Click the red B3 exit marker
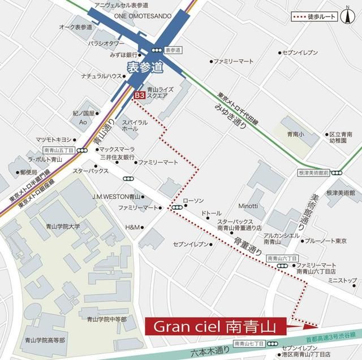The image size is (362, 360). point(139,97)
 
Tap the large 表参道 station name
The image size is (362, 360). point(144,67)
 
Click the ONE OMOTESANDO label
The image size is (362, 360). point(143,16)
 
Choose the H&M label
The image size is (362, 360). point(132,227)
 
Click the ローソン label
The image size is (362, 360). point(193,201)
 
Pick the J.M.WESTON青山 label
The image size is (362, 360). point(117,197)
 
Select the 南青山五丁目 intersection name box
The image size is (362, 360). point(59,150)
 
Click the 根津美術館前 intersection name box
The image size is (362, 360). point(314,172)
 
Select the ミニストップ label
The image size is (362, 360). point(342,280)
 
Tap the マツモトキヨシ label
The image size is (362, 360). point(54,139)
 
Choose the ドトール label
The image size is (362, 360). point(211,214)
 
